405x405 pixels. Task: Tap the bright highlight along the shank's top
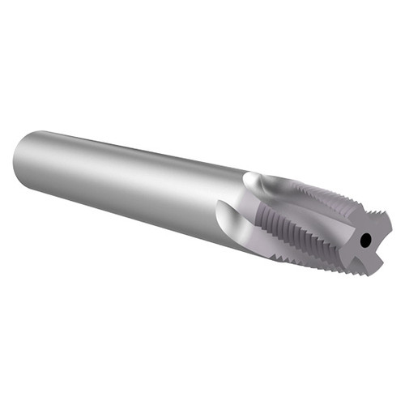[x=130, y=146]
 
